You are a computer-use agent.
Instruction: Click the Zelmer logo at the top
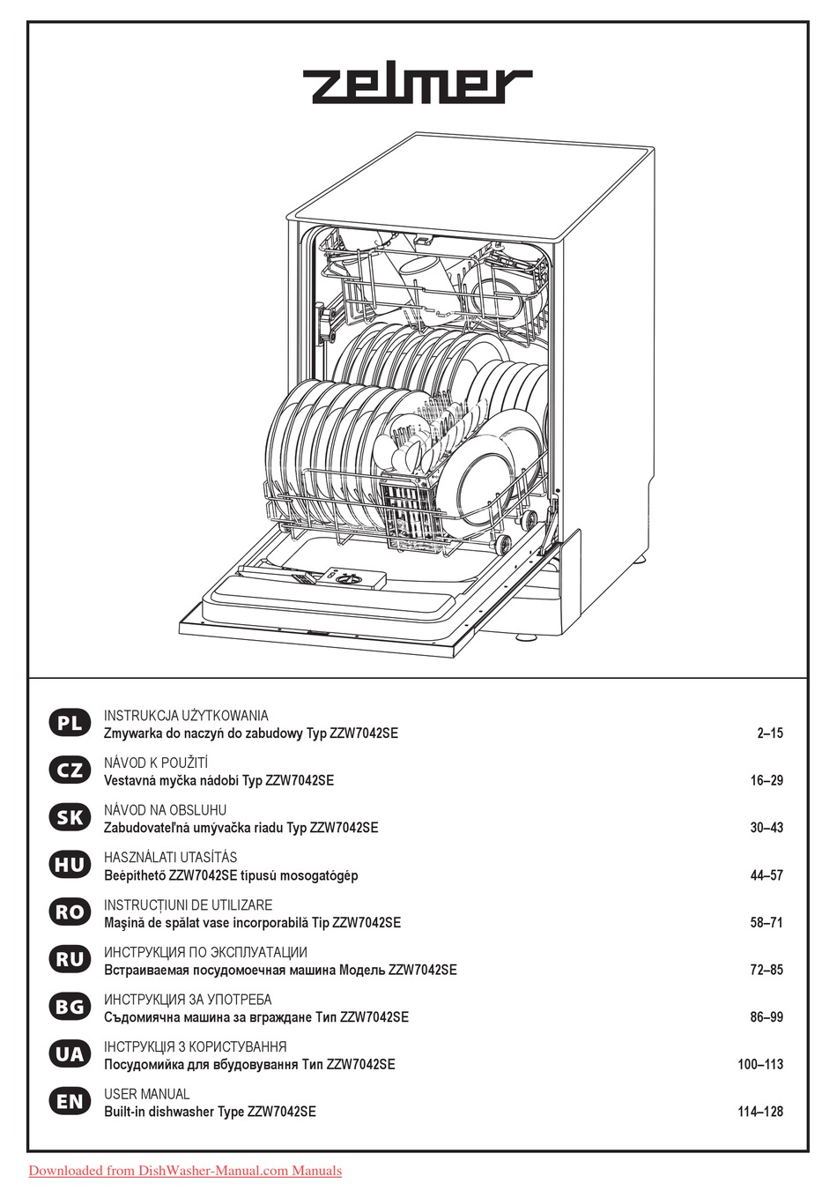tap(418, 86)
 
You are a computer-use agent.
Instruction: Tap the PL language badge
tap(68, 724)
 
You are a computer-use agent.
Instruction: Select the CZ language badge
tap(68, 770)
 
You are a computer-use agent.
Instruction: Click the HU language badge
tap(68, 866)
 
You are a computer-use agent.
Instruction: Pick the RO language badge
tap(68, 913)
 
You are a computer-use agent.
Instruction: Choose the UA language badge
tap(68, 1054)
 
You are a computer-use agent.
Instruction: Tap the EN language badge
tap(68, 1102)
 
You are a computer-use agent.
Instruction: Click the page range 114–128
tap(759, 1112)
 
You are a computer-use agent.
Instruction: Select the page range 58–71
tap(764, 923)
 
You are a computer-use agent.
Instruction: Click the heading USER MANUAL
tap(146, 1094)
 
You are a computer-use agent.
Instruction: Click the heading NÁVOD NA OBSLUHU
tap(165, 809)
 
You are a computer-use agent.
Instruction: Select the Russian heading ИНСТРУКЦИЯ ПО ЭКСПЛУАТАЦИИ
tap(205, 952)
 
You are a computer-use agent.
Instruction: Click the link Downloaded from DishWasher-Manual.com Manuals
tap(185, 1172)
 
